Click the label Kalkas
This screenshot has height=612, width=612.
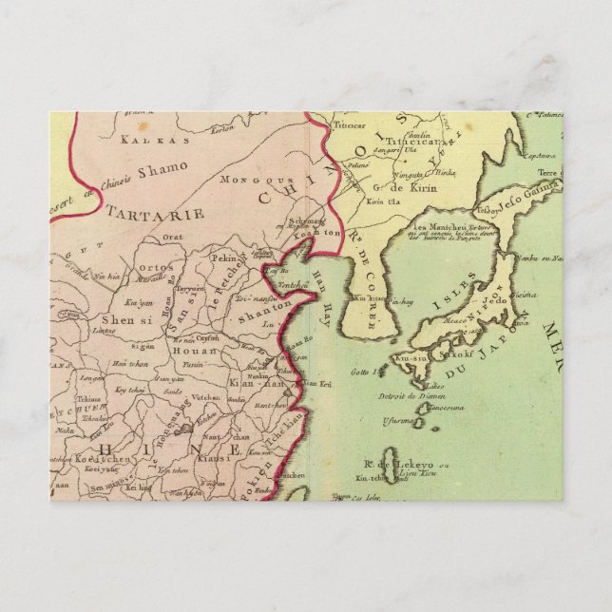point(141,139)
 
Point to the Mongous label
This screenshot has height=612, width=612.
point(246,180)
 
